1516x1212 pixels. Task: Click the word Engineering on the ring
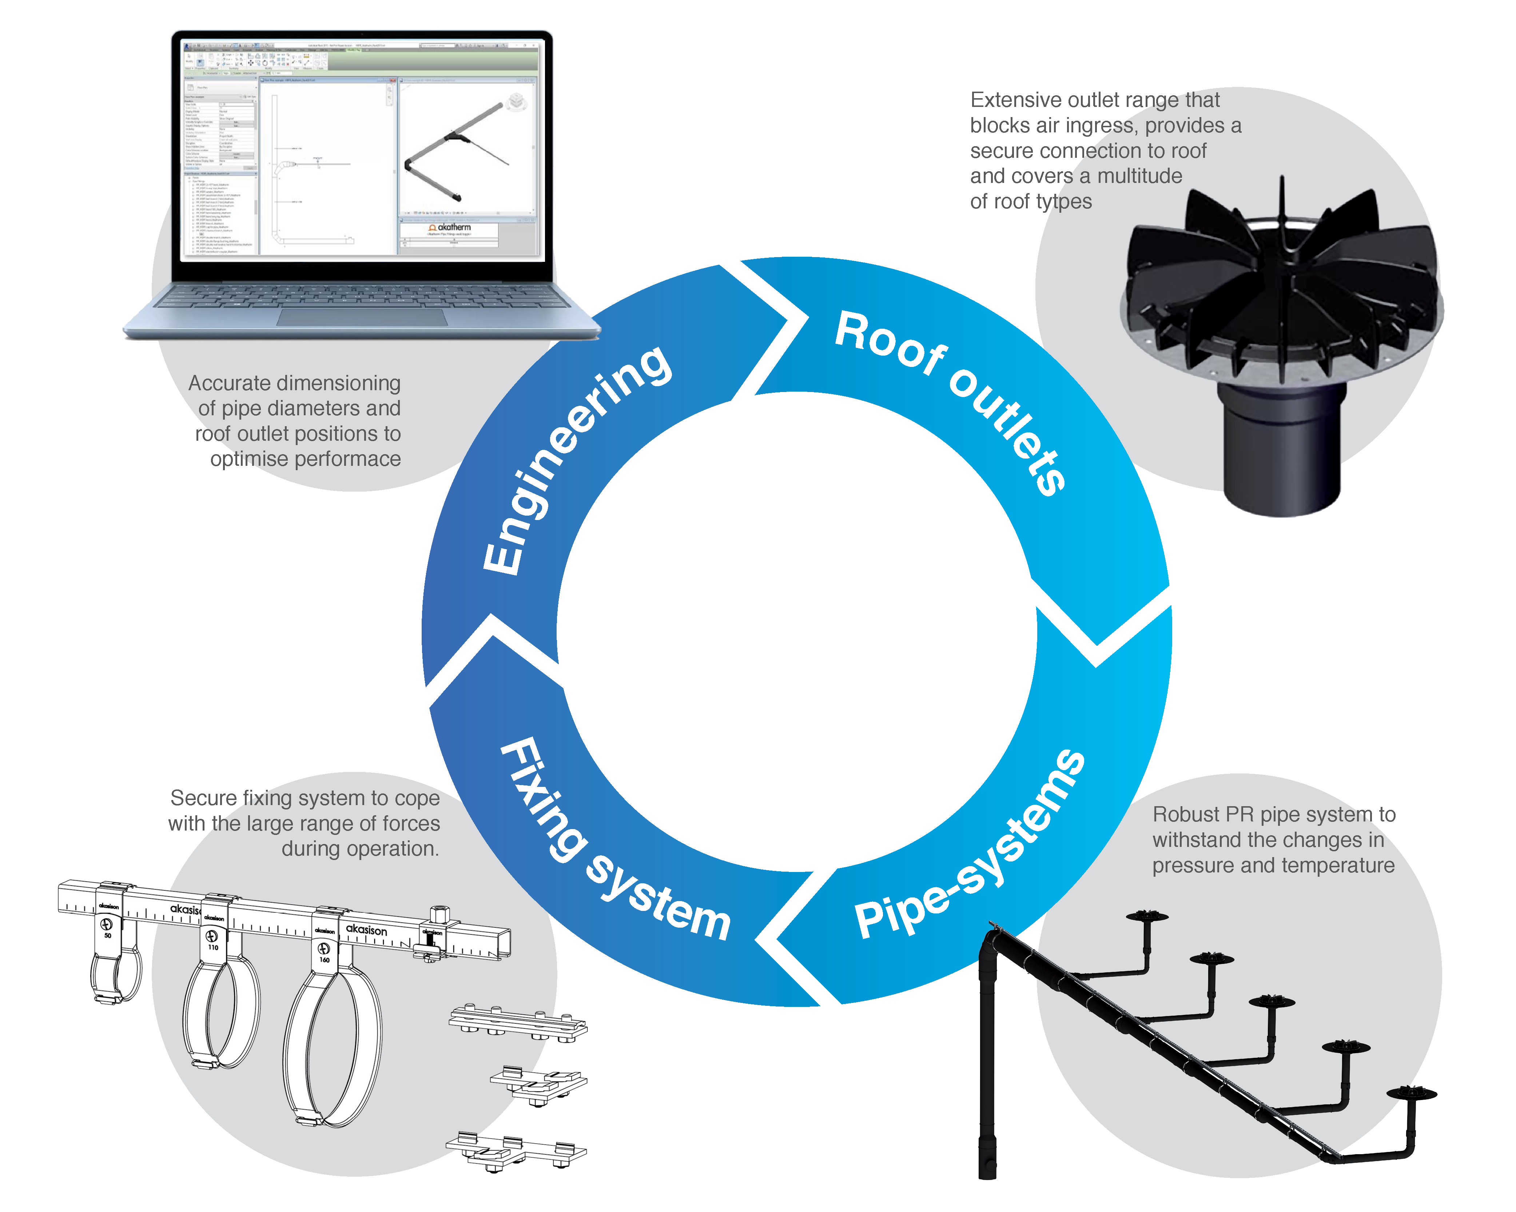[x=577, y=460]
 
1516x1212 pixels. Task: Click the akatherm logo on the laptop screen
[x=450, y=228]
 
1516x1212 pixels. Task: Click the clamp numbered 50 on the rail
[x=112, y=963]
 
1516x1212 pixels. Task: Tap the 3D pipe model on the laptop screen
[x=457, y=151]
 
